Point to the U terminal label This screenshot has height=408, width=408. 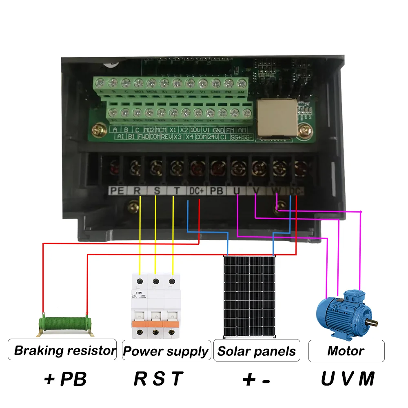point(237,191)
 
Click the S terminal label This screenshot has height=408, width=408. point(157,191)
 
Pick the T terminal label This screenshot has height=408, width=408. point(176,191)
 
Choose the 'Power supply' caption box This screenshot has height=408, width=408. point(166,350)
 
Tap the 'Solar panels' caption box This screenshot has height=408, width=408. point(257,350)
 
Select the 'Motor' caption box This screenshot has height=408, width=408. point(346,350)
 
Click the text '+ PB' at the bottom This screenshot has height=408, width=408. point(65,379)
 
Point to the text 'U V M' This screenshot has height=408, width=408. point(348,379)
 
